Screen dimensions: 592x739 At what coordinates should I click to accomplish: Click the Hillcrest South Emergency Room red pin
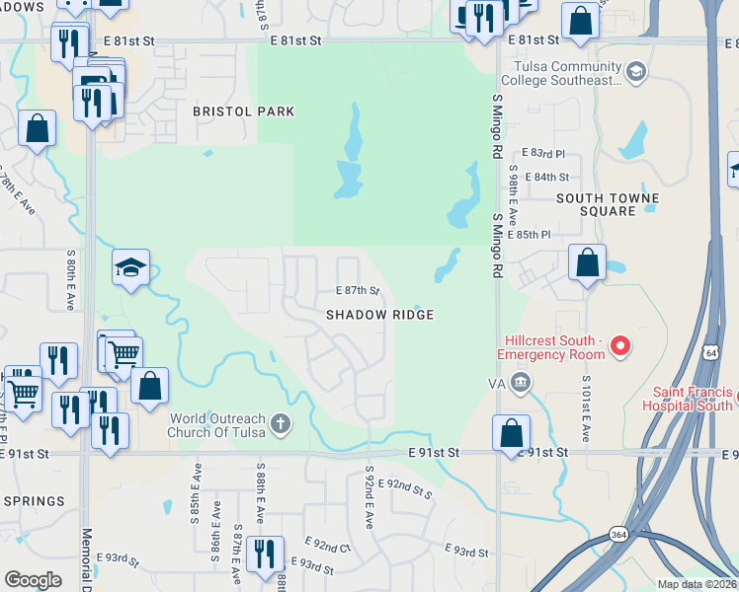click(x=619, y=345)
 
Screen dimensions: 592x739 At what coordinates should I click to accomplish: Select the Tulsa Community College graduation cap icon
click(x=636, y=71)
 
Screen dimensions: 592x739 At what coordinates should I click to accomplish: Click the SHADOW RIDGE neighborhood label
click(x=380, y=314)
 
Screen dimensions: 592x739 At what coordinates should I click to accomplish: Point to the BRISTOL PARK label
click(x=243, y=111)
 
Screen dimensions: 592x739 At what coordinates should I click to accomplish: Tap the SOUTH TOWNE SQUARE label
click(x=596, y=204)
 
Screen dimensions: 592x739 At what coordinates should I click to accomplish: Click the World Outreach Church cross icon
click(x=281, y=424)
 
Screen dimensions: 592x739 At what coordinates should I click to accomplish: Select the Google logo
click(x=33, y=580)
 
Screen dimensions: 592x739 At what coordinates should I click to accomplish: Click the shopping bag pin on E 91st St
click(x=511, y=432)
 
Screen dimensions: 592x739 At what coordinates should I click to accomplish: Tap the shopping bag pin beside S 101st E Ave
click(x=587, y=263)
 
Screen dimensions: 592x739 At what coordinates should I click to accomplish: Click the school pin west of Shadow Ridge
click(x=130, y=267)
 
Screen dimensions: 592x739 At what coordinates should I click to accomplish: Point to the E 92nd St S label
click(x=409, y=487)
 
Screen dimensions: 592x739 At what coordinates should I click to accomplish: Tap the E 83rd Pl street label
click(x=546, y=154)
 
